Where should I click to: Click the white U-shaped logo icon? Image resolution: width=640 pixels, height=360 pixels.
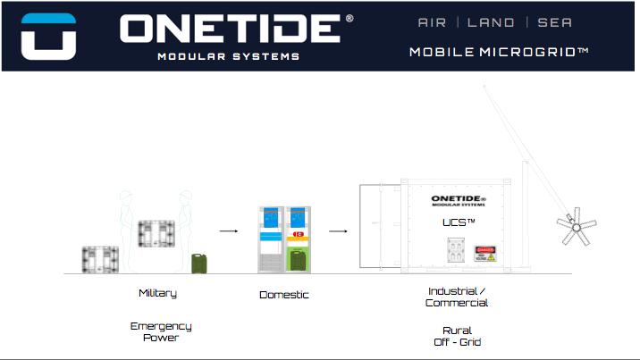click(x=48, y=36)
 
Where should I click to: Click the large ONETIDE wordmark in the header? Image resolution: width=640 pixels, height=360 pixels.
click(x=230, y=29)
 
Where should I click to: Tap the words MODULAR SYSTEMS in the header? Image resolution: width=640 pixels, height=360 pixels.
click(x=228, y=56)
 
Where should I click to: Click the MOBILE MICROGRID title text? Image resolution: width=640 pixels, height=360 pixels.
click(x=499, y=52)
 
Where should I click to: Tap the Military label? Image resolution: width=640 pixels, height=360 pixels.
click(x=157, y=293)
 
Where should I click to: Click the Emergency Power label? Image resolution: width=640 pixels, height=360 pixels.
click(x=161, y=331)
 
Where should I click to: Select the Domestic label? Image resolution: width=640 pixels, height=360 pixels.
click(x=284, y=294)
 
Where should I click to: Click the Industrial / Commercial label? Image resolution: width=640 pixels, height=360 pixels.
click(x=457, y=297)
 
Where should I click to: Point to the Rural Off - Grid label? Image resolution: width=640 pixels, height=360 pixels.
click(x=457, y=336)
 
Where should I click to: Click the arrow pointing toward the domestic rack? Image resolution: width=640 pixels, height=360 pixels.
click(x=229, y=230)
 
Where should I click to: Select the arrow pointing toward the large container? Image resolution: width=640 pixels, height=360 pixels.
click(x=338, y=230)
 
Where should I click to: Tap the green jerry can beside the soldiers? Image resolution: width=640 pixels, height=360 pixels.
click(x=198, y=263)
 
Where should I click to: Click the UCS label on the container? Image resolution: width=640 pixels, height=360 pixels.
click(x=459, y=221)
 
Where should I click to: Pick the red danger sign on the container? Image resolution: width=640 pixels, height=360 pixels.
click(x=484, y=254)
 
